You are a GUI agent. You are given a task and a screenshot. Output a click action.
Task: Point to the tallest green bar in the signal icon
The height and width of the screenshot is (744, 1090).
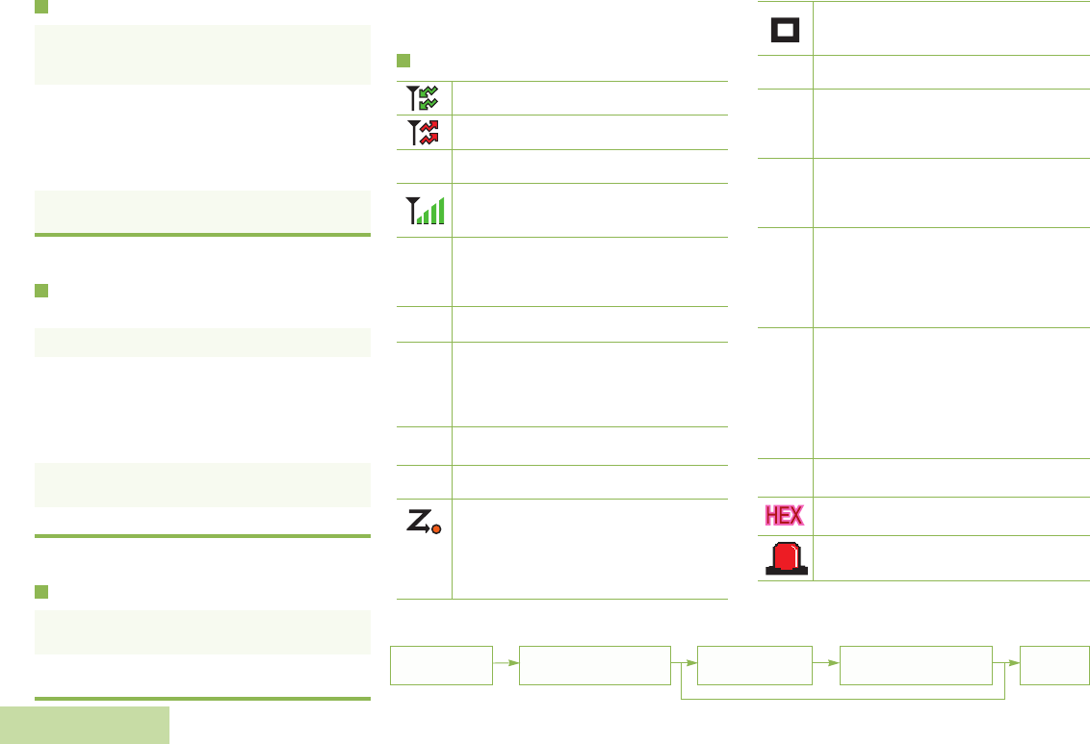pyautogui.click(x=441, y=209)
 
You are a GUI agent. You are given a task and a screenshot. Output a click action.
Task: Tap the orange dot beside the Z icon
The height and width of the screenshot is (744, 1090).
pyautogui.click(x=436, y=530)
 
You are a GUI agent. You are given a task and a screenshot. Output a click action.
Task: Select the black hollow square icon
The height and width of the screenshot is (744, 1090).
pyautogui.click(x=785, y=29)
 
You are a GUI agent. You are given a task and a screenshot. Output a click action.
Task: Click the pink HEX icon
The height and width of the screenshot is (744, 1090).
pyautogui.click(x=785, y=516)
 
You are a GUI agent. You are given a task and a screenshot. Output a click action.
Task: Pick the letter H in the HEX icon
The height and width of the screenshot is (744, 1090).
pyautogui.click(x=772, y=516)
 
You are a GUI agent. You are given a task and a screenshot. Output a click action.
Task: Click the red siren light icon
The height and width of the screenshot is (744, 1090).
pyautogui.click(x=786, y=557)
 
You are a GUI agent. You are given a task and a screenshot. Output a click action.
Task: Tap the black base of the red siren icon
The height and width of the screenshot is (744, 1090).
pyautogui.click(x=786, y=572)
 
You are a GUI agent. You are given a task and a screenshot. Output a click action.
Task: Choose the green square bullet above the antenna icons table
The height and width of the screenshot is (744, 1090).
pyautogui.click(x=403, y=62)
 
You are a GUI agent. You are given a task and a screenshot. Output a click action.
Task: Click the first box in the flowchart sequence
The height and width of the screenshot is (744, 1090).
pyautogui.click(x=441, y=665)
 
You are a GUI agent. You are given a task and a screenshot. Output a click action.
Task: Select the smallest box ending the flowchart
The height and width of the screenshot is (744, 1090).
pyautogui.click(x=1056, y=665)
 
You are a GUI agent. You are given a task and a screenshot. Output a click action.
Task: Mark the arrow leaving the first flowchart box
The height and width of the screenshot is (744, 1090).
pyautogui.click(x=506, y=665)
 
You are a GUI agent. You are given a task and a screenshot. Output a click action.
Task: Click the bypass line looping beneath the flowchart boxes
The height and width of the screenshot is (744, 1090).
pyautogui.click(x=843, y=697)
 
